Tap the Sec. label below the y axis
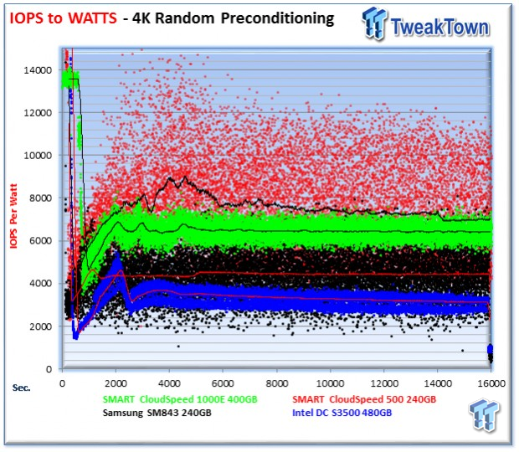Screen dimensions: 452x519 (x=21, y=387)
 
